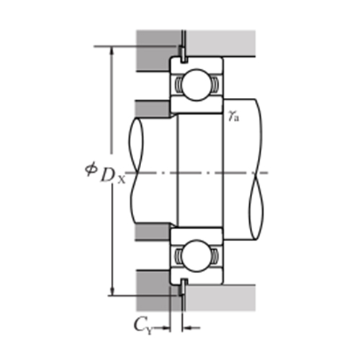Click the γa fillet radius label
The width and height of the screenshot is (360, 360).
(x=233, y=115)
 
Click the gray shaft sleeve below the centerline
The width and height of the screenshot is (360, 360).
(x=153, y=232)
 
